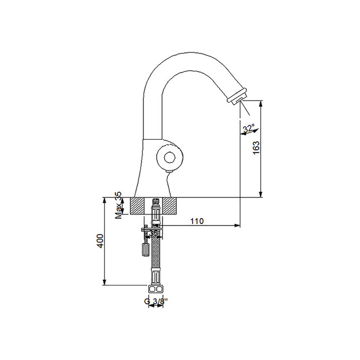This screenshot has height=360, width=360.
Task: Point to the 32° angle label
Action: (248, 129)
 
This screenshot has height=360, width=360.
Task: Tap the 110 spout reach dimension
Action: (197, 221)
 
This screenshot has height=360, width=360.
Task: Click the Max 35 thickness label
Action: (119, 206)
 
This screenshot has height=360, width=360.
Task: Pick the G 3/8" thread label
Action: (156, 302)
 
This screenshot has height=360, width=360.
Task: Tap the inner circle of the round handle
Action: (169, 157)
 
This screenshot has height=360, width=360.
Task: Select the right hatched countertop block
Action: (171, 206)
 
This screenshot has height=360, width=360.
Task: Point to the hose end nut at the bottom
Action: (156, 289)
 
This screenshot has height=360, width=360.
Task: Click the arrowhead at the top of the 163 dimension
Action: (261, 104)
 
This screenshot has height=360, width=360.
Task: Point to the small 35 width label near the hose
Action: (153, 232)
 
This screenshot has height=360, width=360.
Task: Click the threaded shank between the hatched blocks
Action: (156, 207)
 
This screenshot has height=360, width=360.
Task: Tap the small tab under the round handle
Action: (169, 171)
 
